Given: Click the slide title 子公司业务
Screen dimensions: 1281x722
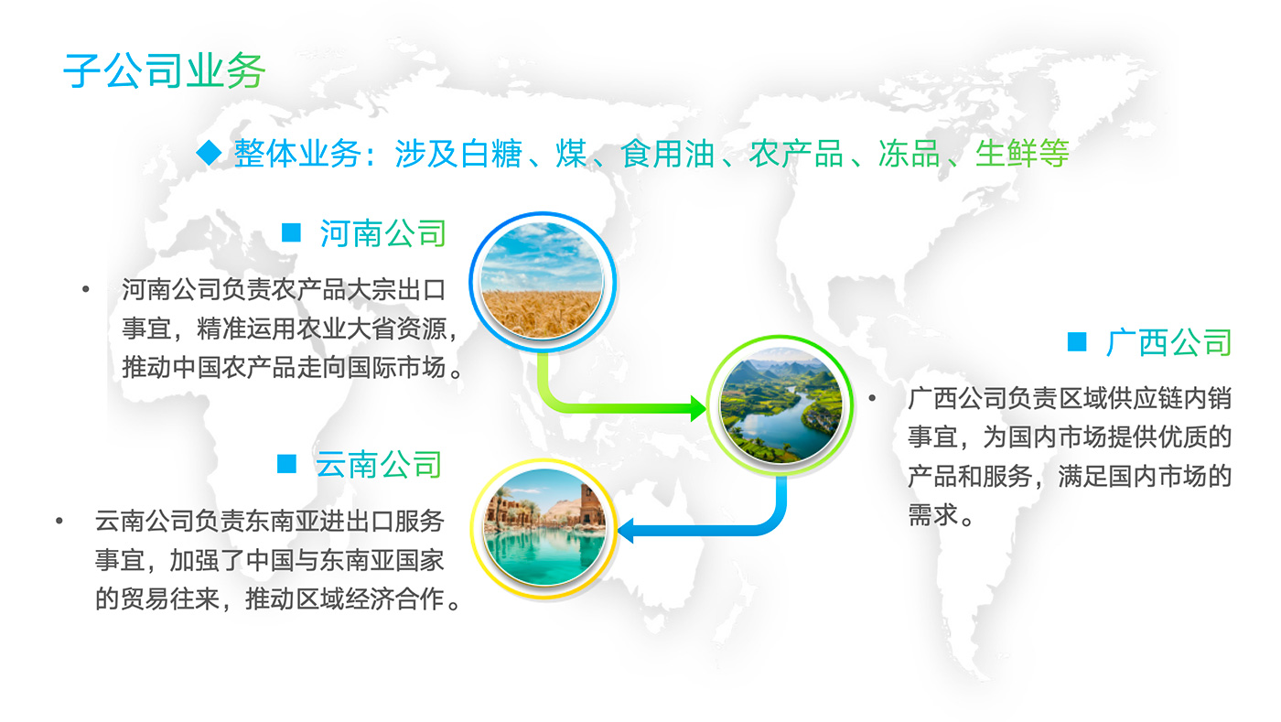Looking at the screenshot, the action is [164, 71].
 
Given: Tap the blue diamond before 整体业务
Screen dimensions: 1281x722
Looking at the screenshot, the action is [210, 153].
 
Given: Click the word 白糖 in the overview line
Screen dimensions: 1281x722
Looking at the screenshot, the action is [491, 154].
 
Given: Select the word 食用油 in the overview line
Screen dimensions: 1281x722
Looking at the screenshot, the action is [667, 154].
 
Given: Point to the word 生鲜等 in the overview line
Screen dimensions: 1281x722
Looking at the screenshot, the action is [1022, 154].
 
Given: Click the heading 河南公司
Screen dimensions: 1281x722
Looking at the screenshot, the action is [382, 233].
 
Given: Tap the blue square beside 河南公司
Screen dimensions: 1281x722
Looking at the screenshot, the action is [291, 232].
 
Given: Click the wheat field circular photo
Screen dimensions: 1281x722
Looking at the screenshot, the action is [542, 280].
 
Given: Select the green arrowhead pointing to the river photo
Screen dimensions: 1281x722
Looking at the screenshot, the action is [698, 408].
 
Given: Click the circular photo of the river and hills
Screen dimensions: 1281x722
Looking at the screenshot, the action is [780, 405].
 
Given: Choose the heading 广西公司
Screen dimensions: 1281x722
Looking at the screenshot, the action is [1168, 342].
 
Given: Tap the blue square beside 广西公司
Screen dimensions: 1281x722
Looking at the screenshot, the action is [1077, 341].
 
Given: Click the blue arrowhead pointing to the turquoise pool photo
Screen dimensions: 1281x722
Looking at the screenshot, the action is [625, 531].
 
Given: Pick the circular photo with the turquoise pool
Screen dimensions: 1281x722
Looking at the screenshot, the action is [544, 528].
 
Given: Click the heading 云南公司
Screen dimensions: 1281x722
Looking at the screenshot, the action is [379, 464].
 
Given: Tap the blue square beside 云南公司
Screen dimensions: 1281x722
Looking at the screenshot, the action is [286, 463].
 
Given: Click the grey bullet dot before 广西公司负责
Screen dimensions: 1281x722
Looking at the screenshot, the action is [872, 398].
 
